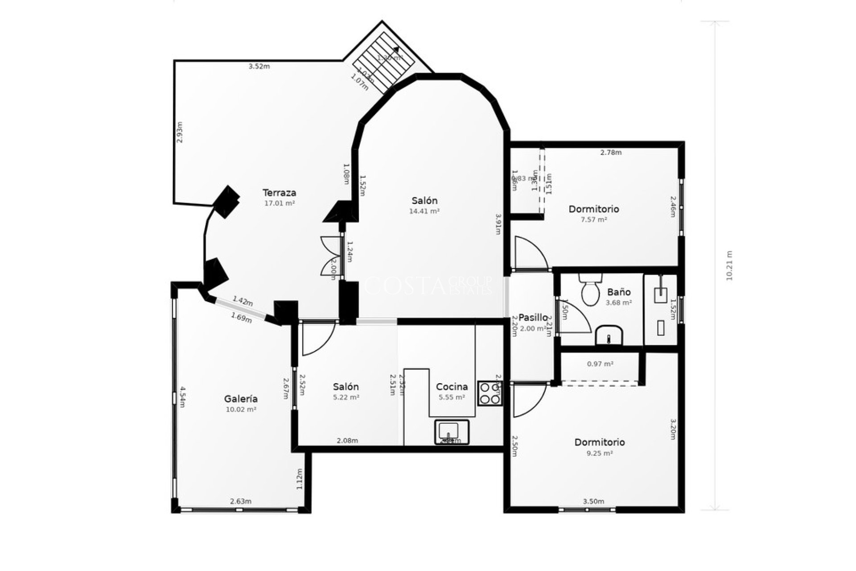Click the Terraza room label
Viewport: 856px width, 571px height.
click(x=279, y=193)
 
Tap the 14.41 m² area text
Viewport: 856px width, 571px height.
click(x=424, y=211)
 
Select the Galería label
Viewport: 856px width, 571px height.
click(x=241, y=399)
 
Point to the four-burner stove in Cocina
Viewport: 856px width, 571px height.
click(x=490, y=393)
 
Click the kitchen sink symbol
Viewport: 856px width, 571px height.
click(x=452, y=431)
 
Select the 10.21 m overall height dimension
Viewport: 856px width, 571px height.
click(x=729, y=266)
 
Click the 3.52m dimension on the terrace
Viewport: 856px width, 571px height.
click(x=259, y=66)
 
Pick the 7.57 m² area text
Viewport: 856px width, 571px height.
click(x=594, y=219)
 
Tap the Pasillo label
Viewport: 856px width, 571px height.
click(x=533, y=318)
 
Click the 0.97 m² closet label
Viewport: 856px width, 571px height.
click(x=600, y=364)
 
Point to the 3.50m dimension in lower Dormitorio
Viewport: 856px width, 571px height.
click(x=593, y=501)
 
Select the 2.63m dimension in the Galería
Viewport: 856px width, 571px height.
click(x=241, y=501)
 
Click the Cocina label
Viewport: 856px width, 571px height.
click(x=452, y=387)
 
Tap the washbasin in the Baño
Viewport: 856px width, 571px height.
click(x=609, y=335)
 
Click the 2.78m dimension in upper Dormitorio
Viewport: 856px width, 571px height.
click(x=611, y=153)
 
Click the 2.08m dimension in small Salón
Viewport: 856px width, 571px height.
click(x=347, y=441)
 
